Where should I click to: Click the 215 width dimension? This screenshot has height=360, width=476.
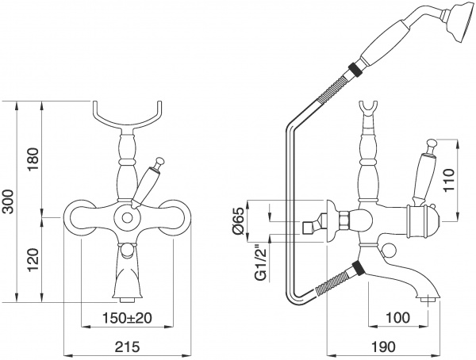click(x=127, y=347)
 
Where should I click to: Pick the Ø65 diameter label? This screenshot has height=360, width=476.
click(x=237, y=221)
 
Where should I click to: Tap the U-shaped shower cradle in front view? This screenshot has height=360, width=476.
click(x=127, y=117)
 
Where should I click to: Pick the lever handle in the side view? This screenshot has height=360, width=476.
click(x=421, y=173)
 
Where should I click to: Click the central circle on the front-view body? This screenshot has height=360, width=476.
click(x=126, y=216)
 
